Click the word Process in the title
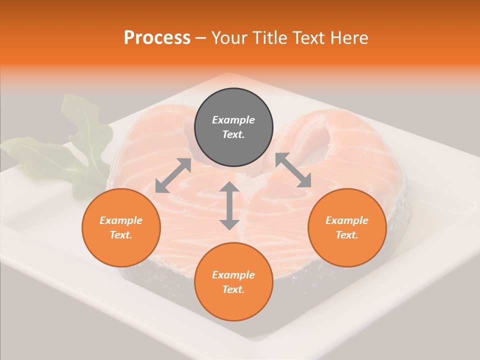click(x=157, y=37)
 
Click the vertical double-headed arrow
click(x=229, y=205)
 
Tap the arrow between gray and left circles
click(x=173, y=175)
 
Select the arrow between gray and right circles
click(x=293, y=170)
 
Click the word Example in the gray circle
click(x=233, y=120)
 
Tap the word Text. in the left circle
click(x=121, y=235)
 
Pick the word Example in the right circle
click(x=347, y=220)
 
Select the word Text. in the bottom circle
click(x=233, y=289)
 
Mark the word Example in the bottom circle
click(x=233, y=275)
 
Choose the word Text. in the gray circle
click(x=233, y=134)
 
